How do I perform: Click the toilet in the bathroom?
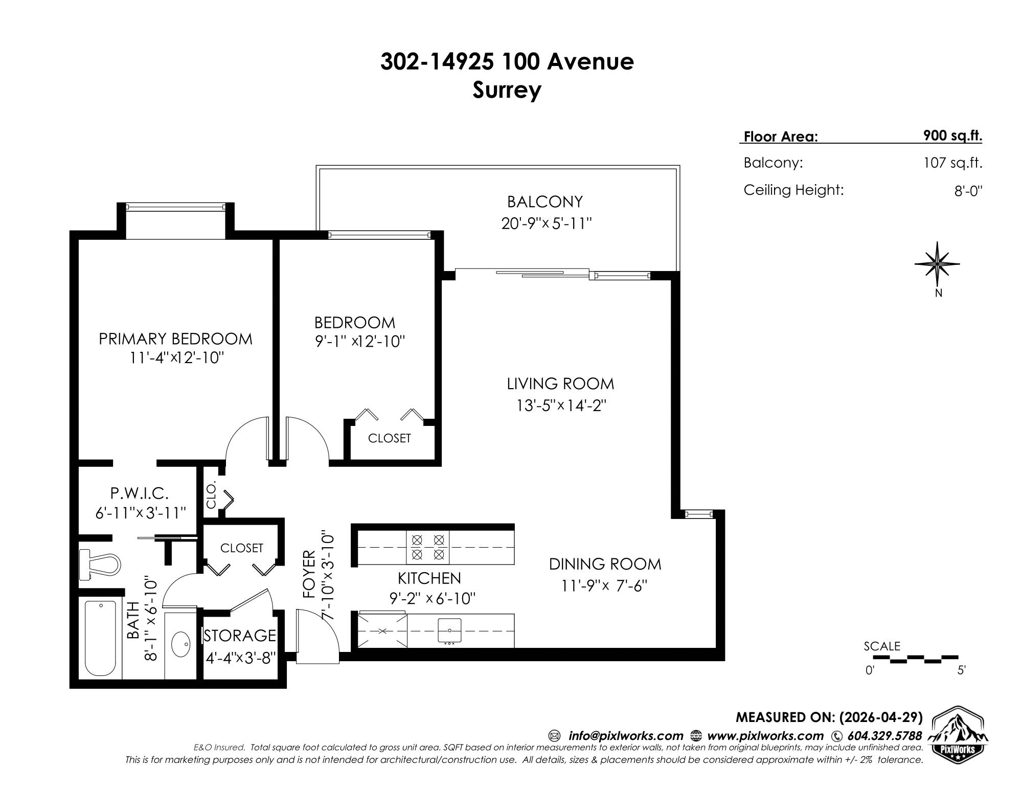[100, 566]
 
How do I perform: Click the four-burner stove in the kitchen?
[428, 547]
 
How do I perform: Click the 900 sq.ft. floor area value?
[952, 136]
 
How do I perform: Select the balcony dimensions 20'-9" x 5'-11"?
[546, 224]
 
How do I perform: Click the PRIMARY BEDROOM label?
[175, 339]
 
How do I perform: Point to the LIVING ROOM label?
[560, 383]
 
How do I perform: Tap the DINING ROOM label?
[605, 564]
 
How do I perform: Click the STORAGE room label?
[240, 636]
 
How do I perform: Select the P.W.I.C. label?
[140, 493]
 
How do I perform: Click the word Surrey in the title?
[507, 91]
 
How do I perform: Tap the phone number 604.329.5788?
[884, 736]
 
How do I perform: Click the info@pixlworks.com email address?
[626, 736]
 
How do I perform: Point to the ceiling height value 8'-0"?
[968, 191]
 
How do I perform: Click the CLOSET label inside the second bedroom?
[390, 438]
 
